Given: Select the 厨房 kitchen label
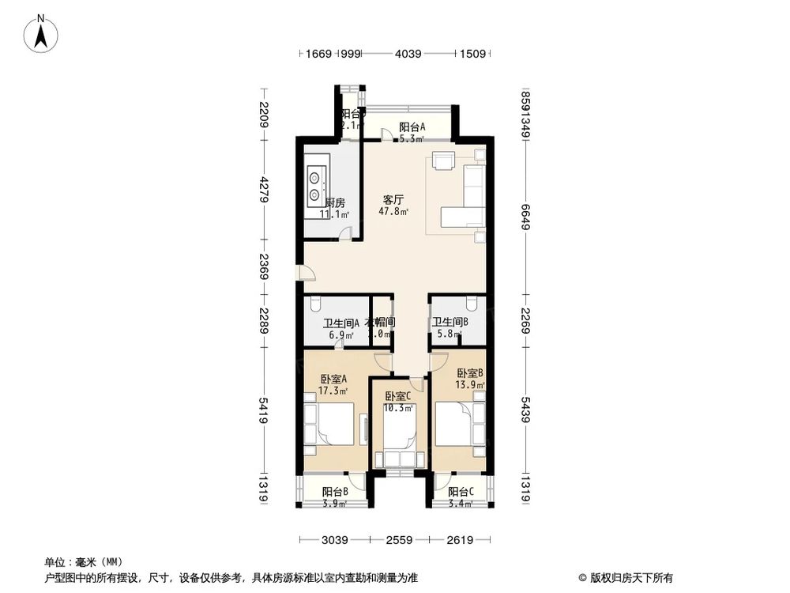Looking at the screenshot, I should tap(334, 203).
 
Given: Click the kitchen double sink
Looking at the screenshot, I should tap(316, 183).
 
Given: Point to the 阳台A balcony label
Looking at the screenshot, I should tap(412, 127).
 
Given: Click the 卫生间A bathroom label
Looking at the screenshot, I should tap(341, 323).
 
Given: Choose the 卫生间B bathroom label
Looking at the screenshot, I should tap(450, 322).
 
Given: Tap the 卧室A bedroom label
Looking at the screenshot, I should tap(333, 379).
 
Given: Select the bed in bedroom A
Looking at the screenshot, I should tap(333, 424).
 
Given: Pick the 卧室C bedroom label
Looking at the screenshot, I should tap(399, 397).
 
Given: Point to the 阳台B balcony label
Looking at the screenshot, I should tap(336, 492).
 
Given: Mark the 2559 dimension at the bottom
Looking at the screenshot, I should tap(399, 541).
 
